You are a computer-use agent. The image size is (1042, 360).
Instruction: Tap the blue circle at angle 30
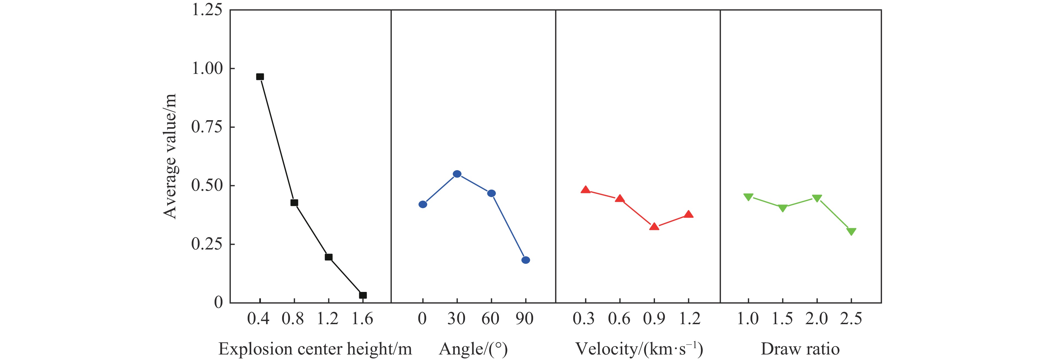(457, 174)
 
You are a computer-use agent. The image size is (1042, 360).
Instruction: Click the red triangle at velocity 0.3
(585, 190)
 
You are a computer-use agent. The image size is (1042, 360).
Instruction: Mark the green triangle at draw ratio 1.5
(783, 208)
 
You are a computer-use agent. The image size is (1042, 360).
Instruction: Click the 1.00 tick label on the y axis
(207, 68)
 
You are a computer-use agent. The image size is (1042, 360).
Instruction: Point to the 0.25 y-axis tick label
(207, 244)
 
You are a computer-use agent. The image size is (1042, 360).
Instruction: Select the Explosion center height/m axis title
(315, 349)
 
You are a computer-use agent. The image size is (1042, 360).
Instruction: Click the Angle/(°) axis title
(473, 349)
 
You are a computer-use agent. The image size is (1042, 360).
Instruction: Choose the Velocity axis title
(639, 349)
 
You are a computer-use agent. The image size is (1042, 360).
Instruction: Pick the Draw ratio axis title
(800, 349)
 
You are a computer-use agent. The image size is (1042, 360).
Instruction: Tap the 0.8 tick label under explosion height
(293, 319)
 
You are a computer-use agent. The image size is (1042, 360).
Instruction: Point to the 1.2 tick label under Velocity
(689, 319)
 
